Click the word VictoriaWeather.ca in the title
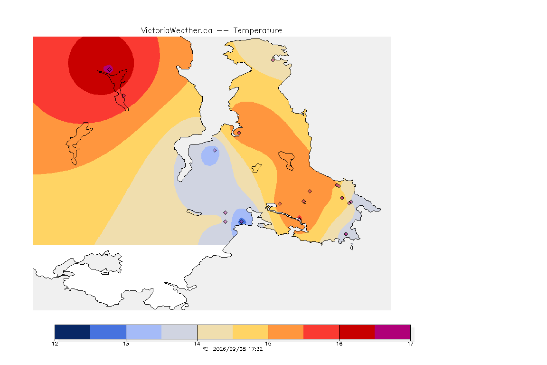(177, 31)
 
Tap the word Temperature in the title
(257, 31)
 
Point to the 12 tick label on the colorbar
(55, 344)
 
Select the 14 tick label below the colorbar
(197, 344)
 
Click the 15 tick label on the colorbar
(268, 344)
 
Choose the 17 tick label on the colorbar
(410, 344)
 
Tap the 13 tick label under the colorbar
(126, 344)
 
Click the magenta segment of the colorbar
(393, 332)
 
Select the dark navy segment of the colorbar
(73, 332)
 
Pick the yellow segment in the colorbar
(250, 332)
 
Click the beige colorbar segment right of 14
(215, 332)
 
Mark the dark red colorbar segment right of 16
(357, 332)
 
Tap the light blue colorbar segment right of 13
(144, 332)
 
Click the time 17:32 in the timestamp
(255, 349)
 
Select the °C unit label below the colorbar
(205, 349)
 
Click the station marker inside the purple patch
(110, 70)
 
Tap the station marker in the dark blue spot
(241, 222)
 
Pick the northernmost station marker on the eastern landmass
(273, 60)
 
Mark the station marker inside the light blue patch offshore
(215, 151)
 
